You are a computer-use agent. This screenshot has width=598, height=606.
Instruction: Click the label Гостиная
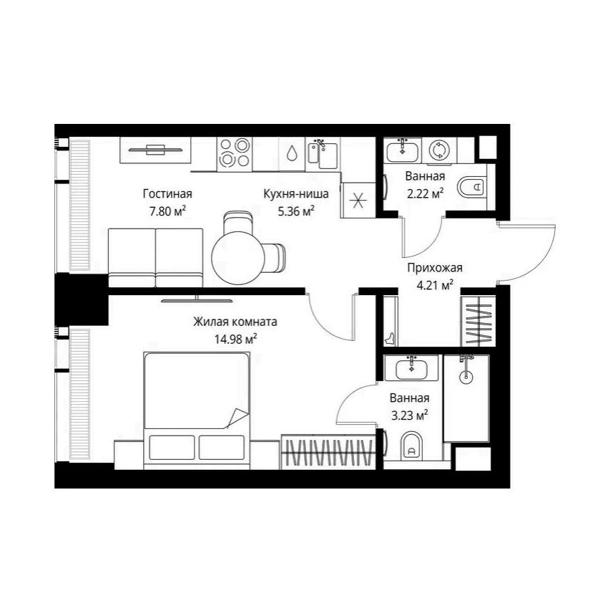167,193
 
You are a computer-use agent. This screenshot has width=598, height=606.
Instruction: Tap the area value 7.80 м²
167,211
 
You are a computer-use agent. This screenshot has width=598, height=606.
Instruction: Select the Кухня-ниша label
295,193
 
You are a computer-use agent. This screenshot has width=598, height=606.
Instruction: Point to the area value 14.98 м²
235,340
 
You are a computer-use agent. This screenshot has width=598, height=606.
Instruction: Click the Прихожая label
435,268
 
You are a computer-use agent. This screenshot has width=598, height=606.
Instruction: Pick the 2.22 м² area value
425,193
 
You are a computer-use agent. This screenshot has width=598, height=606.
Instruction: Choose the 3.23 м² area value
409,415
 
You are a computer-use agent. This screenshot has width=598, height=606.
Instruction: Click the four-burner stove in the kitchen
234,154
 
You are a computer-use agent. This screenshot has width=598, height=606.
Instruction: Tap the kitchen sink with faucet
323,154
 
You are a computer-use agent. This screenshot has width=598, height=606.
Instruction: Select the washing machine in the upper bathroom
439,150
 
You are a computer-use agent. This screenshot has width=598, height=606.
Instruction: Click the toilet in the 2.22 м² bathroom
472,187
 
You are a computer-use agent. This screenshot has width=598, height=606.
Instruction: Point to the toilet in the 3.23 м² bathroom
411,446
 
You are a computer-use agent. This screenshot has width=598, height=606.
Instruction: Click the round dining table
239,258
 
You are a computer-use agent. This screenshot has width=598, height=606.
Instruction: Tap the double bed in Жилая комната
197,410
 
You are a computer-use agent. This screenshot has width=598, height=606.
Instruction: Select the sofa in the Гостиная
156,258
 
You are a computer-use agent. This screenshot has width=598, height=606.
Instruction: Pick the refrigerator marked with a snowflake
358,200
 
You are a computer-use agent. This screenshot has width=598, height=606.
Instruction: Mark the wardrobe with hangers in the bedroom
328,452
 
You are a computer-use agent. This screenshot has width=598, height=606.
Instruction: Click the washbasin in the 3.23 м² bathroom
411,367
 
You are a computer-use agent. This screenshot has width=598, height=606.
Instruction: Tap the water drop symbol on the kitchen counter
291,153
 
